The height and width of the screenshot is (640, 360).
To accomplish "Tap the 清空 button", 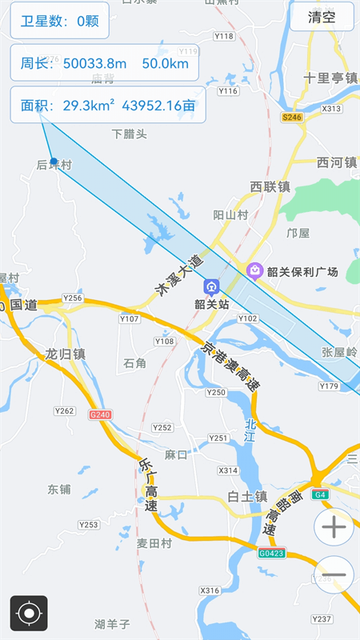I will click(x=322, y=17).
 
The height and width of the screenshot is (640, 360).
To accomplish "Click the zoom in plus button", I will click(x=334, y=527).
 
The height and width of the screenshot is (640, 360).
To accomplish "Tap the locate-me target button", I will click(x=29, y=614).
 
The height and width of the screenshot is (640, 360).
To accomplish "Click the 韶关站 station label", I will click(x=212, y=304).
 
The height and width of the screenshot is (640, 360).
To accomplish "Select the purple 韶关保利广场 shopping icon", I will click(x=255, y=271).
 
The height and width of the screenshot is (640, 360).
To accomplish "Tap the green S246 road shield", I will click(x=293, y=117).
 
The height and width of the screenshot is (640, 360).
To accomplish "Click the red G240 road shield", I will click(x=101, y=414).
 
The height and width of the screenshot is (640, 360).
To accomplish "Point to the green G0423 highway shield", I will click(x=272, y=552).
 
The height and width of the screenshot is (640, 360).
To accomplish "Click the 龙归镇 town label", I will click(x=65, y=354).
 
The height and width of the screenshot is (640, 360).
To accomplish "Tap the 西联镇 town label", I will click(x=270, y=187).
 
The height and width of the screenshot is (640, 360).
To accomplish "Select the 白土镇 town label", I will click(x=246, y=496).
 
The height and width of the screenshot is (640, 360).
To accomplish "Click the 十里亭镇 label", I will click(x=329, y=78).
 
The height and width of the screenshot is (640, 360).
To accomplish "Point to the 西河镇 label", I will click(x=336, y=162).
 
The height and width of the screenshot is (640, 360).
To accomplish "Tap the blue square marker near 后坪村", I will click(x=53, y=161).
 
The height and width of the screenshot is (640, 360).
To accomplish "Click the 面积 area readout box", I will click(x=107, y=105).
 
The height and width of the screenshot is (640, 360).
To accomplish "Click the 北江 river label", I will click(x=250, y=430).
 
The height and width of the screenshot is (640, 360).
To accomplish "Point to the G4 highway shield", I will click(x=321, y=495).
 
